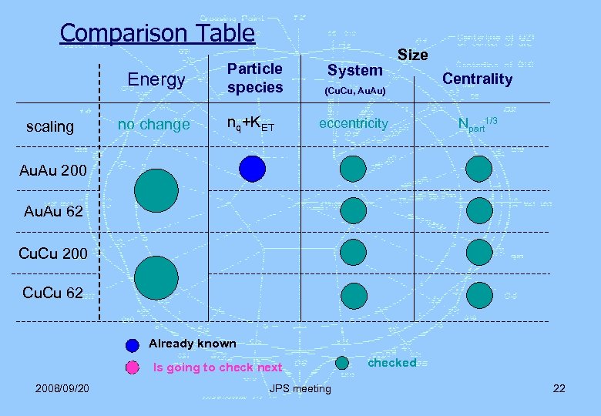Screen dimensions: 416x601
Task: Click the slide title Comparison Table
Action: (157, 33)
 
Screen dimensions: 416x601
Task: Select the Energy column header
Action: (156, 79)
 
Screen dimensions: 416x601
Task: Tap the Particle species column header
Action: (255, 78)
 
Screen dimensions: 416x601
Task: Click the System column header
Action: (354, 70)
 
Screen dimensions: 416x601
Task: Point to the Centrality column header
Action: (477, 79)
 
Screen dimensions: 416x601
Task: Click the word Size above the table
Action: (412, 55)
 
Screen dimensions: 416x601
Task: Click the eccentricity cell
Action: (354, 123)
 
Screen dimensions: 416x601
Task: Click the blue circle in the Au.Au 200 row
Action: (252, 168)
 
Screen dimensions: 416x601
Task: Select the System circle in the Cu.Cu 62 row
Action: (354, 294)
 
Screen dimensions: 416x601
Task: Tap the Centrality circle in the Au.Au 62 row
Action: (478, 210)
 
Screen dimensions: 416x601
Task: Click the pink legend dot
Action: (133, 367)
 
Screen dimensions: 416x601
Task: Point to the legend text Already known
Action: (192, 344)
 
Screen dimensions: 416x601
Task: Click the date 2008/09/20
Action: (61, 387)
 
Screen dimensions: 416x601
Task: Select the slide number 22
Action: (559, 387)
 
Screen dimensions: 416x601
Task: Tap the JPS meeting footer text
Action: (300, 388)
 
